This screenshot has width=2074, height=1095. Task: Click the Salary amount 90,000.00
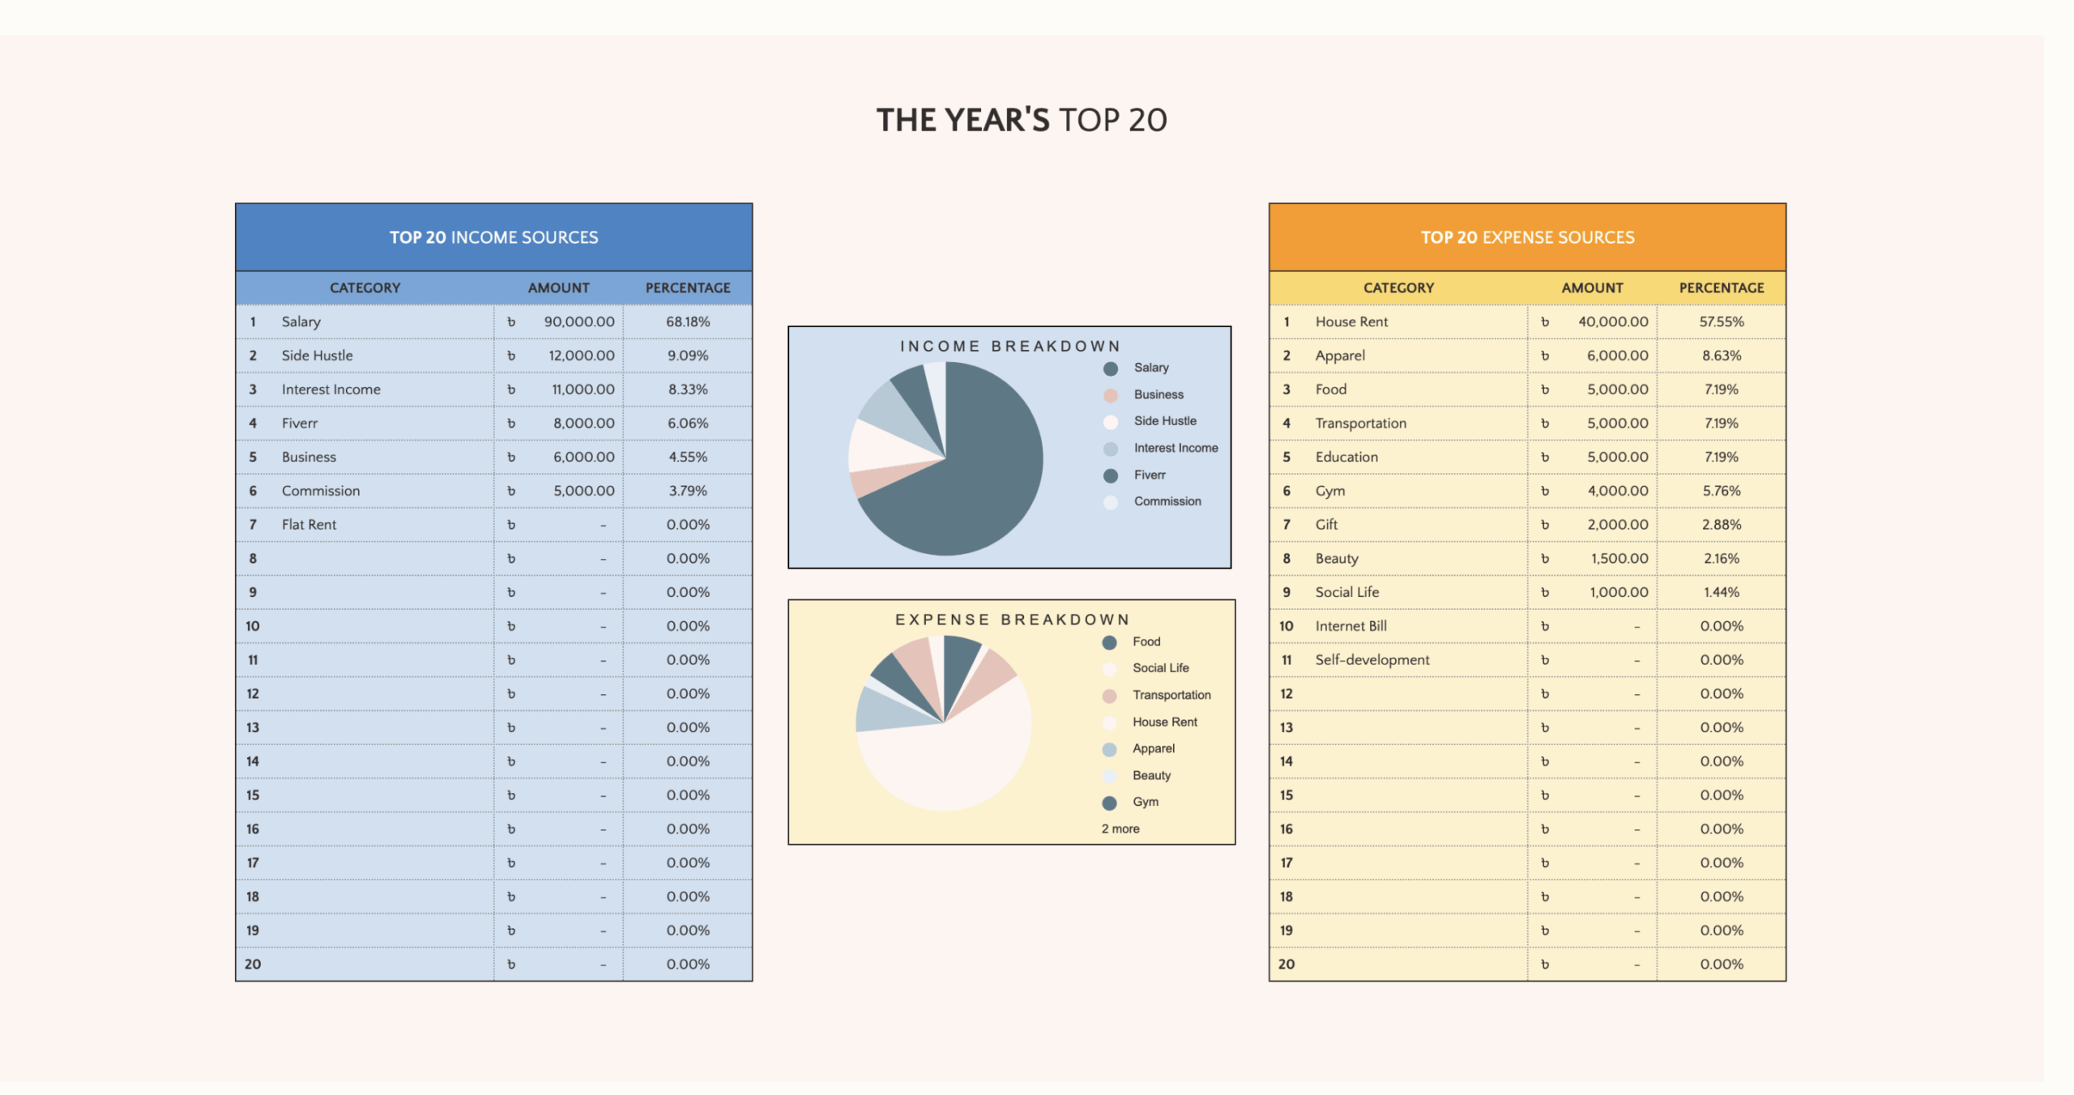coord(578,322)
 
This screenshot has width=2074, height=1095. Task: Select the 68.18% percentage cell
coord(688,322)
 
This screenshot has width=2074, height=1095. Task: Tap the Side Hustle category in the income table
coord(317,356)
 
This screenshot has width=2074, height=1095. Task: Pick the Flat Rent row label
coord(309,525)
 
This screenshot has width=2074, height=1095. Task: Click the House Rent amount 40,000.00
coord(1612,322)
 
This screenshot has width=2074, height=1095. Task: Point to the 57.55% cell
coord(1722,322)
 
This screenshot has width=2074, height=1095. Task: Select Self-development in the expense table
coord(1372,660)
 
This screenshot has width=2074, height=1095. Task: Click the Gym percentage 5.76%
coord(1722,491)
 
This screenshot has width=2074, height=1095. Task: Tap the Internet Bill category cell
coord(1351,626)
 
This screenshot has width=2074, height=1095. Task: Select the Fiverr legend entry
coord(1150,475)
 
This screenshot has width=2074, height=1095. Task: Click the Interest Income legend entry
coord(1176,448)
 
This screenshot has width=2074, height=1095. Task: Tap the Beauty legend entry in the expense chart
coord(1151,776)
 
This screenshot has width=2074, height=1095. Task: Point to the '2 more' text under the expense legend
coord(1120,829)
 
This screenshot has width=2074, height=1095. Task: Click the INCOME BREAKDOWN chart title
coord(1010,347)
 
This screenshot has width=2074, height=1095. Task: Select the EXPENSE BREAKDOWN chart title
coord(1012,620)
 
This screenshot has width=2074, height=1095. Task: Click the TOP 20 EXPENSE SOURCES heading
coord(1527,237)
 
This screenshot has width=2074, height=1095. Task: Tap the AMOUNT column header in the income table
coord(558,288)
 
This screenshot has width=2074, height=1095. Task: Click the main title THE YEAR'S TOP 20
coord(1022,120)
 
